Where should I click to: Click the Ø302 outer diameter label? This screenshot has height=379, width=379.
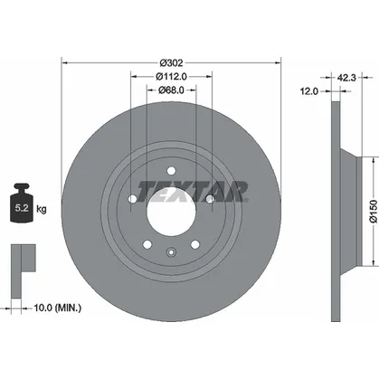[171, 63]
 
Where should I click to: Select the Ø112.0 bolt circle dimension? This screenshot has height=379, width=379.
[171, 77]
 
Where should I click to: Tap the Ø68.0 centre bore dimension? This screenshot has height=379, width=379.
[171, 90]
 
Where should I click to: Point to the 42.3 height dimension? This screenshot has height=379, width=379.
[346, 78]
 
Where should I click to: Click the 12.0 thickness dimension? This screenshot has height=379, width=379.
[309, 91]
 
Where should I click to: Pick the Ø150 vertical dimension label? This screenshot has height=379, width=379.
[374, 211]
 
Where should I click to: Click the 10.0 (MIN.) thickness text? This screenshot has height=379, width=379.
[57, 308]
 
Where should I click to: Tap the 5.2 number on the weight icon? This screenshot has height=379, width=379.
[22, 208]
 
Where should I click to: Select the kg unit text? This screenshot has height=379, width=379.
[42, 209]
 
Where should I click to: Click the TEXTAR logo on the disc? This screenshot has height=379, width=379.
[193, 192]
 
